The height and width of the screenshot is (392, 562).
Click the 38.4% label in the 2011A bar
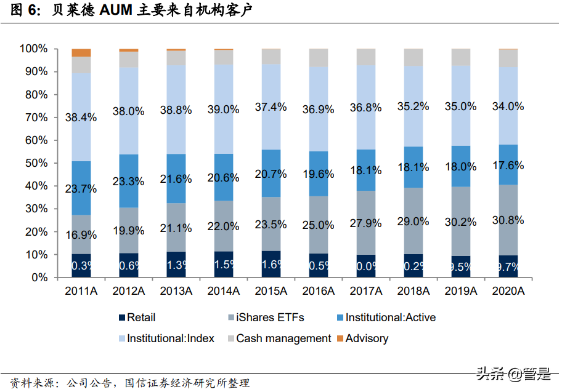[81, 118]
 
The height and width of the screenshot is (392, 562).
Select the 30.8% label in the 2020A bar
[508, 220]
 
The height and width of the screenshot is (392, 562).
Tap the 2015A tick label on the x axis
[271, 291]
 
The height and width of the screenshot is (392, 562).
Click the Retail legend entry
[140, 318]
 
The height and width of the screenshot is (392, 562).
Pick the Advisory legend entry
[367, 338]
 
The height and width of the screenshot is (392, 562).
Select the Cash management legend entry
[283, 338]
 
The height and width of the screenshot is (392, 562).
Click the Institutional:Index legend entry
[170, 338]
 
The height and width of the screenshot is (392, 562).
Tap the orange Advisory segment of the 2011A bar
[81, 52]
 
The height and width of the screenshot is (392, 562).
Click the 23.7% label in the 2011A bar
[81, 189]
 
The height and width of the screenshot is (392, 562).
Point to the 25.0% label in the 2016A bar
[319, 226]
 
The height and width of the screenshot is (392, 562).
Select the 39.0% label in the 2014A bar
[224, 109]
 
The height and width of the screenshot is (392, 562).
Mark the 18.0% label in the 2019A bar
[461, 167]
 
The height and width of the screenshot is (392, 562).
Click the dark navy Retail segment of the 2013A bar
[176, 265]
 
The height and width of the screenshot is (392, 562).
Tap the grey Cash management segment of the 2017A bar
[366, 57]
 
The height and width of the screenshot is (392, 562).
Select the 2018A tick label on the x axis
[413, 291]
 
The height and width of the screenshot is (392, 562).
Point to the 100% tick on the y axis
[34, 49]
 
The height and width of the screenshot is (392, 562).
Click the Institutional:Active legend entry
[390, 318]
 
